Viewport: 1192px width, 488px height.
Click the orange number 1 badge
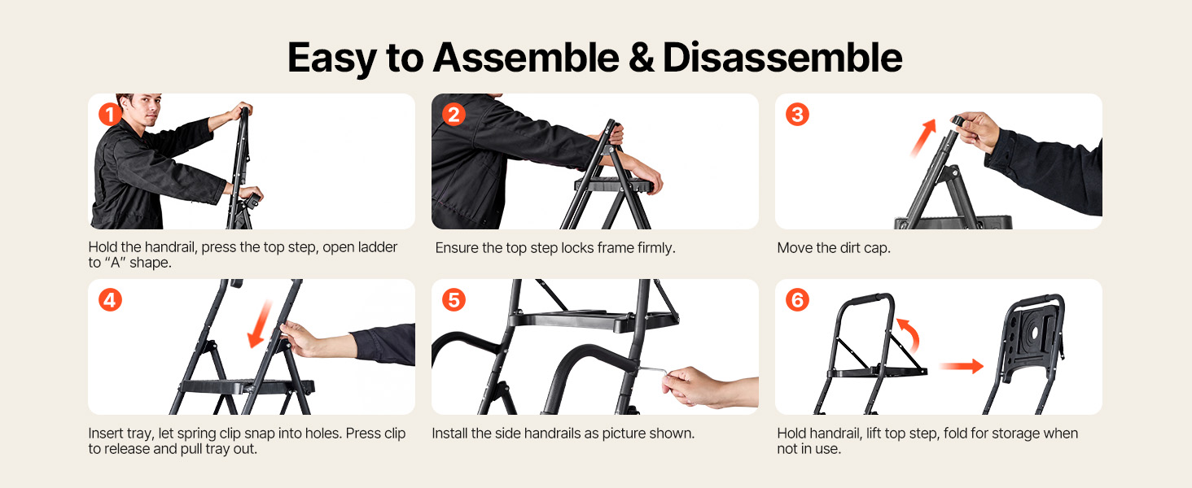(x=110, y=115)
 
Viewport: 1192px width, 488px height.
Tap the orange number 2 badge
(x=454, y=115)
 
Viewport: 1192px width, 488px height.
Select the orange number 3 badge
(x=797, y=115)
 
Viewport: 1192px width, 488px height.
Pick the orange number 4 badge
(x=110, y=300)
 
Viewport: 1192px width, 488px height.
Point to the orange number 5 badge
(x=454, y=300)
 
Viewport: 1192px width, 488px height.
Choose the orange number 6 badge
(x=797, y=300)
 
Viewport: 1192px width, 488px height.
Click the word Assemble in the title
(x=526, y=58)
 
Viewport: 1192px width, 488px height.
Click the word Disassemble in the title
(x=782, y=58)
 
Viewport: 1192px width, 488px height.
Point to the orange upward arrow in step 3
(x=923, y=137)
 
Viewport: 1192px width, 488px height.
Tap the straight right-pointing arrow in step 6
(x=961, y=366)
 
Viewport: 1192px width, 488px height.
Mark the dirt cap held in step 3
(x=958, y=120)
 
